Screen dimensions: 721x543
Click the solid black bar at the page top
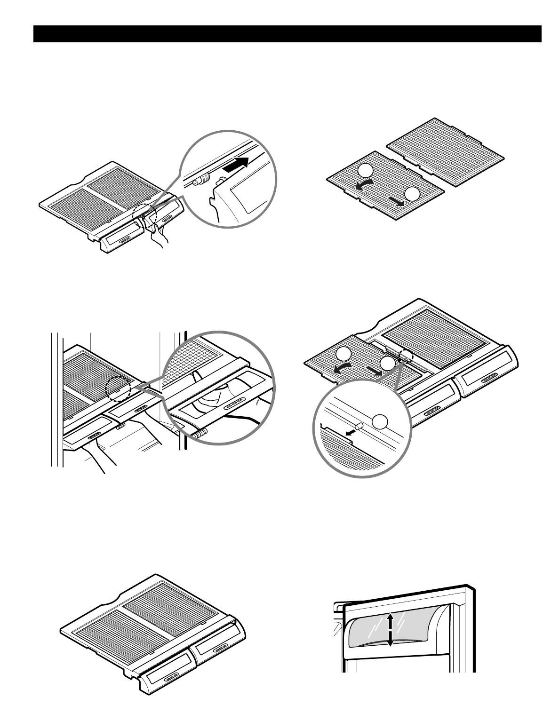pyautogui.click(x=287, y=34)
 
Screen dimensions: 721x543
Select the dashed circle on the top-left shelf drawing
pyautogui.click(x=143, y=217)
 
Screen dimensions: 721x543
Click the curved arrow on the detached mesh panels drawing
pyautogui.click(x=365, y=184)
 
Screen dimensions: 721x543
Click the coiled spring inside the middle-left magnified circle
pyautogui.click(x=199, y=433)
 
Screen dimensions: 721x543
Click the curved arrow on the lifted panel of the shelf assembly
pyautogui.click(x=343, y=369)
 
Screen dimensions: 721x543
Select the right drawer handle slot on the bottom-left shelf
pyautogui.click(x=218, y=649)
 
